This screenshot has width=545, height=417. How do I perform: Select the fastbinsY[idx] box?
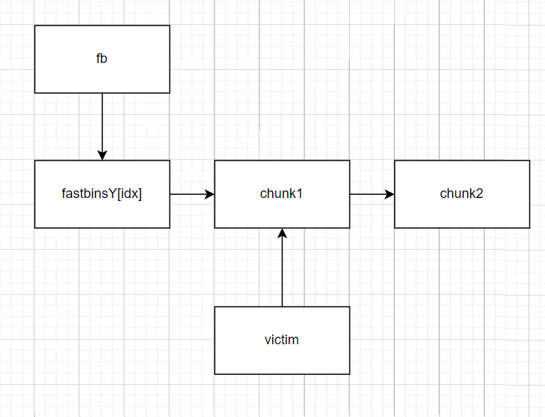102,214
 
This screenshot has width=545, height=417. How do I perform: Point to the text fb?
102,58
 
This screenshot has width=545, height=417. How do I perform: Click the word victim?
282,340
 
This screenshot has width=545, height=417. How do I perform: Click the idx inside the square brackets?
130,193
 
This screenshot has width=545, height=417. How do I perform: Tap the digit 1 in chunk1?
300,193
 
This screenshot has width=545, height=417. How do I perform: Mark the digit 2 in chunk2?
480,193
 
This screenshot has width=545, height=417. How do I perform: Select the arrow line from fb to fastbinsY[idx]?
102,124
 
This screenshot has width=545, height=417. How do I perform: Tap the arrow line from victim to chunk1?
282,270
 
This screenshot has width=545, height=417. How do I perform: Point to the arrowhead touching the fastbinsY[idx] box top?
102,155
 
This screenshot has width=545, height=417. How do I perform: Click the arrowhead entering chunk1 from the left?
210,194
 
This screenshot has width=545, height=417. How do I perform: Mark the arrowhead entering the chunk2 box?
390,194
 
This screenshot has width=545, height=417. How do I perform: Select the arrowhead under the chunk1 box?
282,233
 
